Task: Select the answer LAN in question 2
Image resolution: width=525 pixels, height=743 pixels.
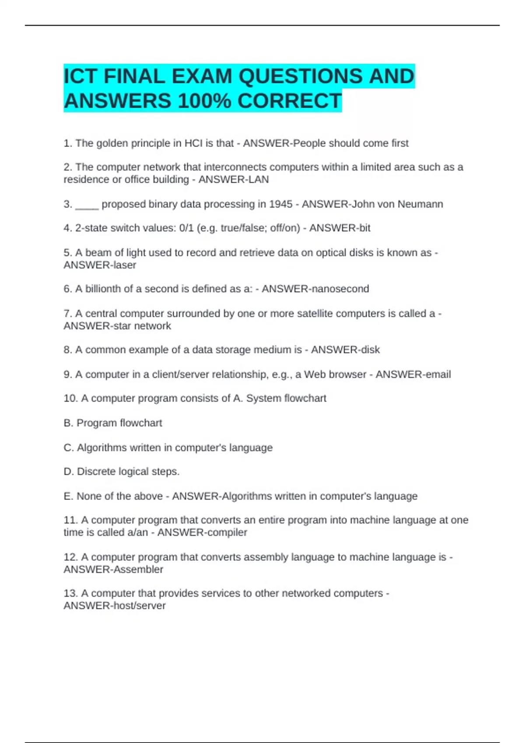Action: pyautogui.click(x=259, y=180)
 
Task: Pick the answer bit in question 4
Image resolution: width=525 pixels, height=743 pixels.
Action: pyautogui.click(x=364, y=228)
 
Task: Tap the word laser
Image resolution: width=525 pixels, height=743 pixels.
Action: pyautogui.click(x=125, y=265)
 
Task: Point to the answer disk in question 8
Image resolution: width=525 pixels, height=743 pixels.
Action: pyautogui.click(x=370, y=350)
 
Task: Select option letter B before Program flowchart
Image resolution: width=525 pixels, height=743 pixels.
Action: pyautogui.click(x=68, y=423)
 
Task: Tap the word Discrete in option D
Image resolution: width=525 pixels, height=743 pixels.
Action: pyautogui.click(x=94, y=472)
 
